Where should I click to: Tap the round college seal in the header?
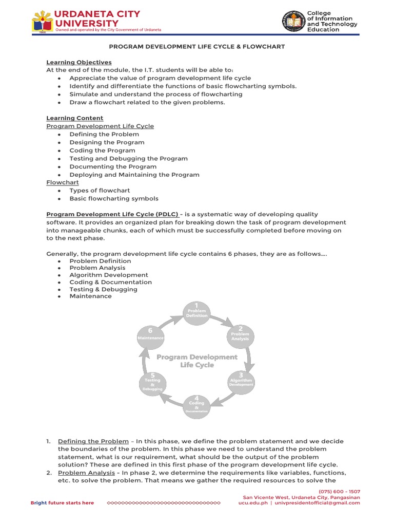tap(293, 21)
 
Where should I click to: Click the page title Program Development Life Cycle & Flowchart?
tap(196, 47)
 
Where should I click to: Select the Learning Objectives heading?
tap(79, 62)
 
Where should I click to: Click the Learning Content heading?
tap(75, 118)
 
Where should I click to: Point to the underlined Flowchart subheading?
tap(60, 182)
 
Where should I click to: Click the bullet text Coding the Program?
tap(102, 151)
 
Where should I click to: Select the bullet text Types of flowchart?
tap(100, 191)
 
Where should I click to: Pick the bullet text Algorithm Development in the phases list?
tap(109, 275)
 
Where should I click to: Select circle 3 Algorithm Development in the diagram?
tap(241, 382)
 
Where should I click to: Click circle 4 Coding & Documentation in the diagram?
tap(197, 404)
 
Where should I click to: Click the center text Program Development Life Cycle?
tap(197, 361)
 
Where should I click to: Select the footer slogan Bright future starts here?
tap(62, 503)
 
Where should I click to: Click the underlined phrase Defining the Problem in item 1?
tap(93, 441)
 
